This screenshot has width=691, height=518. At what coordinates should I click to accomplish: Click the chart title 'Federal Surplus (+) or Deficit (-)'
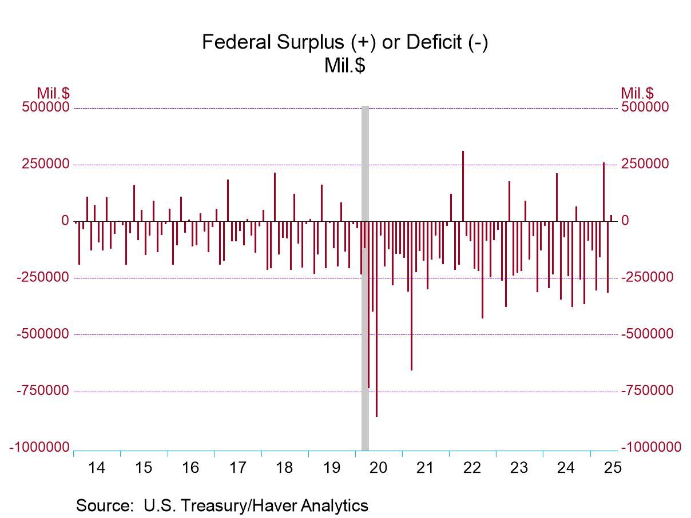tap(345, 43)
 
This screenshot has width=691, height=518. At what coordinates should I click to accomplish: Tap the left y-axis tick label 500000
tap(46, 107)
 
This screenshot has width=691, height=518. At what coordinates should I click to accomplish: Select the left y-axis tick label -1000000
tap(39, 448)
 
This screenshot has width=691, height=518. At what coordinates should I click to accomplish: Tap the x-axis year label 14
tap(97, 468)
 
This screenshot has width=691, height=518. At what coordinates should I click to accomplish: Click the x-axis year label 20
tap(379, 468)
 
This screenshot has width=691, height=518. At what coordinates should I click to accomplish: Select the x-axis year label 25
tap(613, 468)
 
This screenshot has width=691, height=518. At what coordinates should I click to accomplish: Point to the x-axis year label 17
tap(238, 468)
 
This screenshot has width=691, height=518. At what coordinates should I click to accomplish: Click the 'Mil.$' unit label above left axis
tap(53, 93)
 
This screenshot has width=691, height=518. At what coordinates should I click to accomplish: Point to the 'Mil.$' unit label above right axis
tap(637, 93)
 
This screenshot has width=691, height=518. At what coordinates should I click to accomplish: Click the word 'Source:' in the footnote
tap(101, 505)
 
